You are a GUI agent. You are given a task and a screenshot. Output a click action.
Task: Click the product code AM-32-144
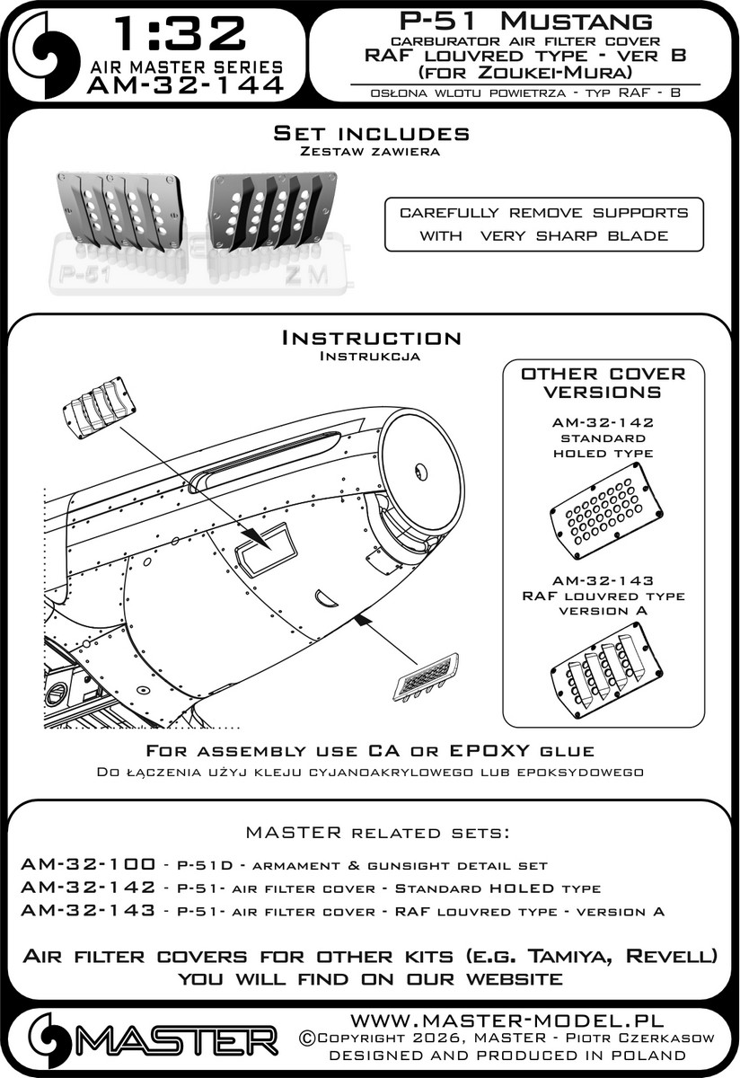pos(186,85)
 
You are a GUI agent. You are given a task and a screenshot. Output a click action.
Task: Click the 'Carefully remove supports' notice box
pos(544,224)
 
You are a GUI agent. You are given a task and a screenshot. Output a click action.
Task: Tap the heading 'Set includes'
pos(371,134)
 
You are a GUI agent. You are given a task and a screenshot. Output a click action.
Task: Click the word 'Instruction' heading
pos(371,338)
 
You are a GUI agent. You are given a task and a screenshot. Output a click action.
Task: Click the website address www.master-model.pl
pos(506,1021)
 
